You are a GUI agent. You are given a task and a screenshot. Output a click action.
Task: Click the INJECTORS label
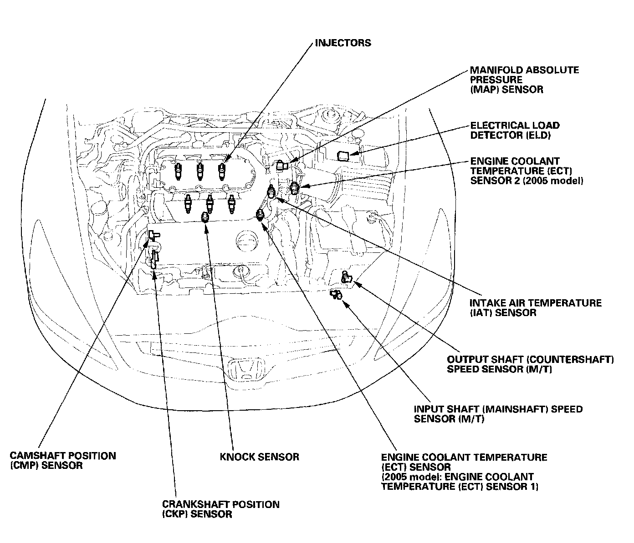tap(343, 43)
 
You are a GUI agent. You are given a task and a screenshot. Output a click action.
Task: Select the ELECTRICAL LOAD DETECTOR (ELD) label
tap(515, 130)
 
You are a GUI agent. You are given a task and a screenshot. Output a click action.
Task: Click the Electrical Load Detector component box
tap(343, 156)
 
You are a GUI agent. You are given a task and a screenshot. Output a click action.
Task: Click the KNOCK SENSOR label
tap(260, 457)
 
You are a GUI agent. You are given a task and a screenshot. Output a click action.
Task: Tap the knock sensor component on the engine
tap(205, 217)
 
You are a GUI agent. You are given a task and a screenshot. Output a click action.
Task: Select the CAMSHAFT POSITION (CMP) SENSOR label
tap(63, 461)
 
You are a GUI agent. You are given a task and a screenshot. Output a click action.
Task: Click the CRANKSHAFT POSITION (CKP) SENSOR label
tap(220, 509)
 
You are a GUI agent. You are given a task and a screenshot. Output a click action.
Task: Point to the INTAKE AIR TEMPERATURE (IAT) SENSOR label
tap(536, 308)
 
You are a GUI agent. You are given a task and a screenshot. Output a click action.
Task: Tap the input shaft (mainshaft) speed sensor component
tap(336, 295)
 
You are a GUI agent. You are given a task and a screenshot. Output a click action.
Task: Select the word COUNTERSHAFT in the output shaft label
tap(572, 359)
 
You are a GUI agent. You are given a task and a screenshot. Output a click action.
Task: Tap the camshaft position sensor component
tap(153, 235)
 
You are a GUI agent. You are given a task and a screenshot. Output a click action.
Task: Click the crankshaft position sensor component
tap(154, 259)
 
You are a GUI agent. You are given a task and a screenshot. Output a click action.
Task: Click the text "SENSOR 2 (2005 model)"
tap(527, 181)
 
